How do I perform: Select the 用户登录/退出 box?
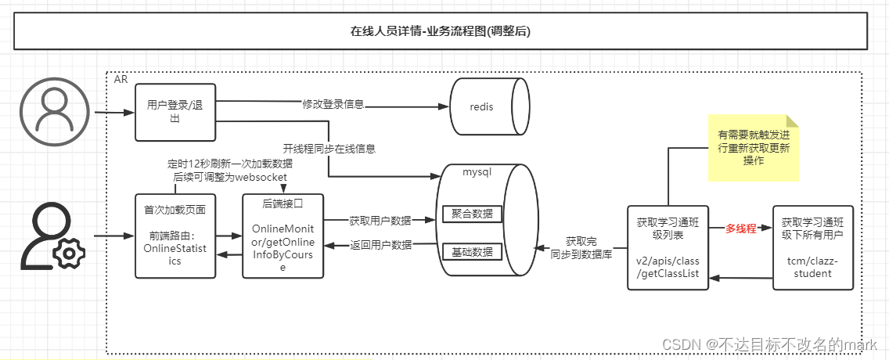175,112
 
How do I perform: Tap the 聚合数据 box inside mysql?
472,214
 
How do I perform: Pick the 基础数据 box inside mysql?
472,252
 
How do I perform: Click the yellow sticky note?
754,148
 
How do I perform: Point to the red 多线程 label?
740,229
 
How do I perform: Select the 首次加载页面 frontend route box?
174,235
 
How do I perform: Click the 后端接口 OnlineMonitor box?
283,235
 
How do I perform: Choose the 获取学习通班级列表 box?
668,248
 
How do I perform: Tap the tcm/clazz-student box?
812,248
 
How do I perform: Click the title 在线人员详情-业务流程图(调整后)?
444,31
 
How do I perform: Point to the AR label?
121,80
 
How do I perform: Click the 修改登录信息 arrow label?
333,104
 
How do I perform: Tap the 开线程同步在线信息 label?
329,148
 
